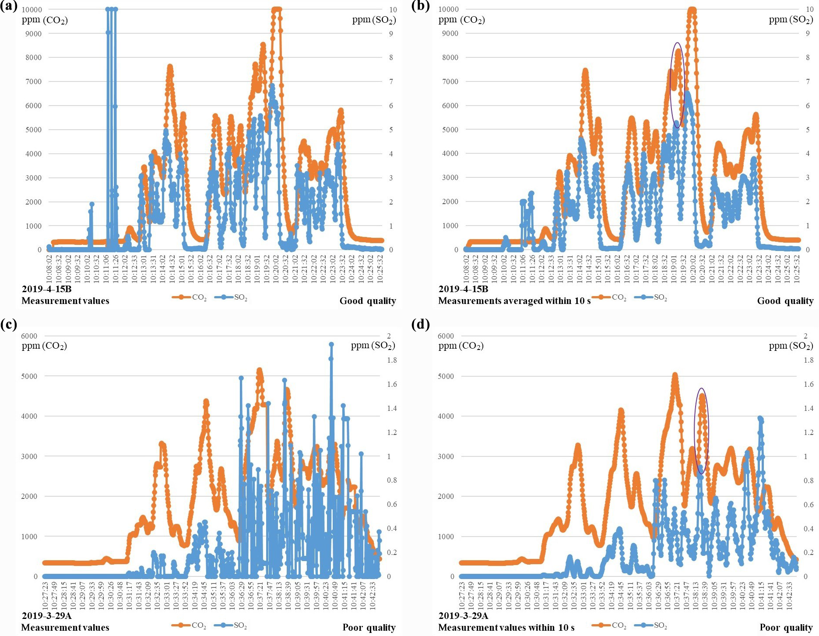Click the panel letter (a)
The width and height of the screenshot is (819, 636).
[x=8, y=7]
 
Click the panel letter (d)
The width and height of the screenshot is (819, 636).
[x=421, y=325]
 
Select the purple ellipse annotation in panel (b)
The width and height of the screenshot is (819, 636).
[x=677, y=85]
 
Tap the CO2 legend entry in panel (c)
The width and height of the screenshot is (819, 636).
[x=189, y=625]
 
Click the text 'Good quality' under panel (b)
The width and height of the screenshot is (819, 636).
[x=785, y=301]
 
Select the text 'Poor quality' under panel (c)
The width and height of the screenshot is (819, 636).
[x=369, y=627]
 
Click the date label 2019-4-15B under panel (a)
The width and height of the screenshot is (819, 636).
[x=46, y=289]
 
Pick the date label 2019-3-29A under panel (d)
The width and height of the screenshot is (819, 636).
[x=463, y=616]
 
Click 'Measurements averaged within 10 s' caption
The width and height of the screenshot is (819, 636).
[x=514, y=301]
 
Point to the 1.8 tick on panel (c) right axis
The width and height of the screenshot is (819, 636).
[x=392, y=360]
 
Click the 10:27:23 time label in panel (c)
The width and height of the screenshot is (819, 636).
[x=45, y=595]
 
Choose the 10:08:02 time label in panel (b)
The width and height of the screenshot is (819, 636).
[x=467, y=269]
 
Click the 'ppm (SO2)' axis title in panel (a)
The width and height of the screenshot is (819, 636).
[x=374, y=20]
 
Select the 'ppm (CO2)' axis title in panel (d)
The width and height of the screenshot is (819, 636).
[x=461, y=346]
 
